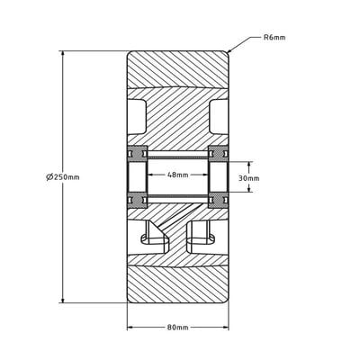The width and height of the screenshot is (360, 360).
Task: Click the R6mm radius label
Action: point(274,38)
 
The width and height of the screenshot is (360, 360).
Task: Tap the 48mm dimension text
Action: point(177,175)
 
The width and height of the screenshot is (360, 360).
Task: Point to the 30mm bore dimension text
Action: point(248,178)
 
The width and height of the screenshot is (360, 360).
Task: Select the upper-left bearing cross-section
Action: point(137,150)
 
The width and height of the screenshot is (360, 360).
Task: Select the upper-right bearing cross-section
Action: point(218,150)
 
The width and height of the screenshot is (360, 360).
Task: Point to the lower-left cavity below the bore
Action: point(154,236)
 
